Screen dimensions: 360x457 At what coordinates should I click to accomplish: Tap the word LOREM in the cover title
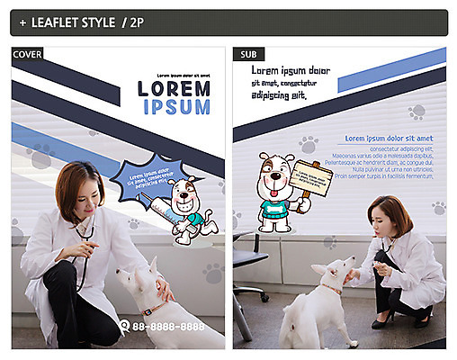(174, 88)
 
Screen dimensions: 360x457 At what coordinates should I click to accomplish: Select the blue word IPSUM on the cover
(176, 107)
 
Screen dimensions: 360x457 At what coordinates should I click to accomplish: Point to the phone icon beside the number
(125, 325)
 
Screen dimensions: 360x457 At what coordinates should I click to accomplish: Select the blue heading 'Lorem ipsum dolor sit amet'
(389, 138)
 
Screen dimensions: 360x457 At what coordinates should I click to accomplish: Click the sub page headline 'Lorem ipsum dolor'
(290, 70)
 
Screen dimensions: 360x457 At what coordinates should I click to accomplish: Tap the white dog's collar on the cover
(154, 309)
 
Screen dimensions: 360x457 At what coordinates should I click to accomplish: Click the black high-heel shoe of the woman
(385, 319)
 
